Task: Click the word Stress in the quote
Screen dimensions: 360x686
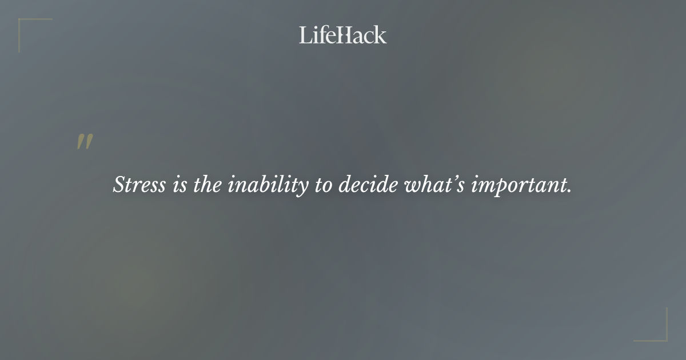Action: click(x=139, y=185)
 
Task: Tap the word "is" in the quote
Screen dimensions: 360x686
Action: click(x=179, y=185)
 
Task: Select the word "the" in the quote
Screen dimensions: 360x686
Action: click(x=208, y=185)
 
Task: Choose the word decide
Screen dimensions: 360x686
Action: click(x=366, y=185)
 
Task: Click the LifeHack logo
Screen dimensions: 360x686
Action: click(x=343, y=35)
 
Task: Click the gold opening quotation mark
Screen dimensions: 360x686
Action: click(x=85, y=142)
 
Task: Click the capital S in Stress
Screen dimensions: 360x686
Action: click(x=119, y=185)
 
